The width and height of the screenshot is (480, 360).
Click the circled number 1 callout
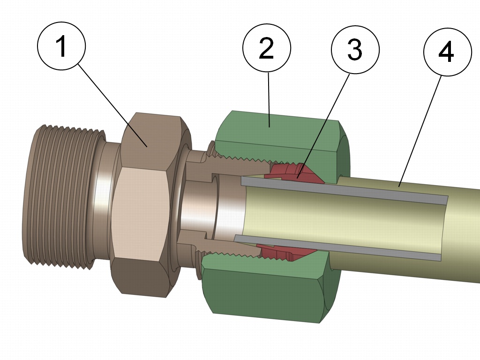click(x=61, y=47)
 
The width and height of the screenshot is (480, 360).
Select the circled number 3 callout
click(x=355, y=49)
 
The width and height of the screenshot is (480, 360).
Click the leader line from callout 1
click(x=112, y=103)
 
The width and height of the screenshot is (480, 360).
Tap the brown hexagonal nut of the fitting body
click(x=141, y=211)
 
